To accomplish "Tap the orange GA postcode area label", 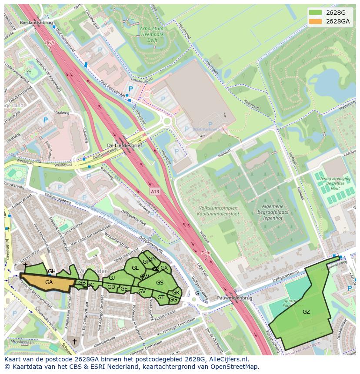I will pyautogui.click(x=49, y=282).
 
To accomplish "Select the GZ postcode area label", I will pyautogui.click(x=306, y=311).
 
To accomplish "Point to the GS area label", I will pyautogui.click(x=160, y=283).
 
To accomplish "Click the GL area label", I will pyautogui.click(x=135, y=268).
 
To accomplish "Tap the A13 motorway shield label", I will pyautogui.click(x=156, y=191).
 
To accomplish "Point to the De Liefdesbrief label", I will pyautogui.click(x=125, y=146).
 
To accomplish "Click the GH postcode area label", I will pyautogui.click(x=51, y=271).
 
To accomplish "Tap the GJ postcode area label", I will pyautogui.click(x=112, y=278).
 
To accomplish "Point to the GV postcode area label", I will pyautogui.click(x=142, y=291).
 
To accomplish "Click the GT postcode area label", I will pyautogui.click(x=161, y=298).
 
